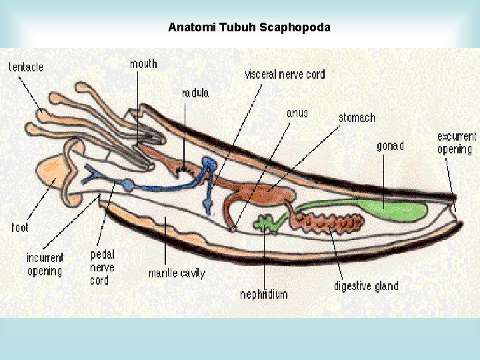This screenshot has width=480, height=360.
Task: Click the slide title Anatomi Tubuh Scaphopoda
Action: (x=249, y=28)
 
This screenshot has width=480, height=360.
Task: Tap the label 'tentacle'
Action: (x=26, y=67)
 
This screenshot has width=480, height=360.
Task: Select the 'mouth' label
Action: (x=143, y=63)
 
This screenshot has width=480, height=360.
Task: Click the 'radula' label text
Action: (x=195, y=93)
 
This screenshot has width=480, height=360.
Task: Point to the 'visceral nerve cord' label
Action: (x=285, y=74)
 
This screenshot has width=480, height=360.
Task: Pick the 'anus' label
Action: (x=297, y=113)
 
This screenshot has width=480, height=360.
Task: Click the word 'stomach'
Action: (x=357, y=118)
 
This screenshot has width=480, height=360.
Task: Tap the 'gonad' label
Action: (x=390, y=146)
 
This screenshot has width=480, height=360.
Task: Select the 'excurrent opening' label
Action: (x=457, y=143)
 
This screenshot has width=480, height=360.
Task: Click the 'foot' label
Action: (x=20, y=227)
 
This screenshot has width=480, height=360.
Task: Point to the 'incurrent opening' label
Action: (x=45, y=265)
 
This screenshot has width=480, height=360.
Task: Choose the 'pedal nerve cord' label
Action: (x=102, y=267)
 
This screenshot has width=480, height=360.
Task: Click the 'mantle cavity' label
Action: (x=177, y=273)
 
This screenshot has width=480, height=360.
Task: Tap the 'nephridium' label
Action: (x=264, y=294)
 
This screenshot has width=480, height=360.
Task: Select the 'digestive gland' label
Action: (x=366, y=287)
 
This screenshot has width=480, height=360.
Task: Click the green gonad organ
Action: (x=393, y=211)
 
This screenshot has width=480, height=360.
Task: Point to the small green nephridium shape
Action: (x=267, y=223)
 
